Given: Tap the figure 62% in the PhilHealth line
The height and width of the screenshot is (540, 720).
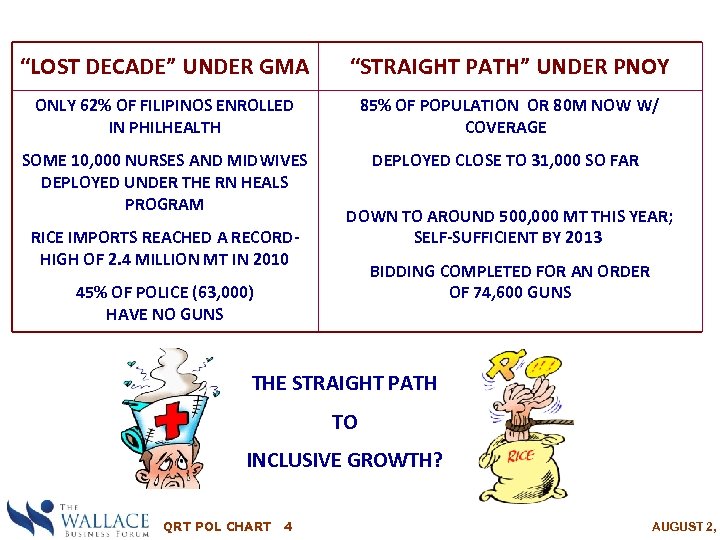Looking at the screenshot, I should click(x=94, y=105).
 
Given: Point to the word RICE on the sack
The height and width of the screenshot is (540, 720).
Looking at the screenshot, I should click(x=522, y=456).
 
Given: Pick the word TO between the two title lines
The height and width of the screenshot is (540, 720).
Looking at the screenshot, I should click(x=344, y=423).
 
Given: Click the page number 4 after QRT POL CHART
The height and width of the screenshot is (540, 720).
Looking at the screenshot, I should click(x=288, y=526).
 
